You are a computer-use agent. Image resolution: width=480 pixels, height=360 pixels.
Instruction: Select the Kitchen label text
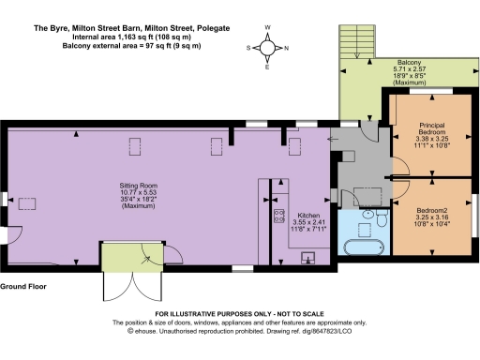point(308,221)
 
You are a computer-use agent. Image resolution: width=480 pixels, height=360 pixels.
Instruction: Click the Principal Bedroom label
point(431,133)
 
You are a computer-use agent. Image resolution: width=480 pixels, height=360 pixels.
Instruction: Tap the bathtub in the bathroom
point(362,249)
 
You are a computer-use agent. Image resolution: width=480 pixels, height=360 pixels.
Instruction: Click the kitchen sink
point(307,256)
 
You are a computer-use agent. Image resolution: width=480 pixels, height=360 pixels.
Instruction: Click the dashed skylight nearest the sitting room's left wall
point(27,202)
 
